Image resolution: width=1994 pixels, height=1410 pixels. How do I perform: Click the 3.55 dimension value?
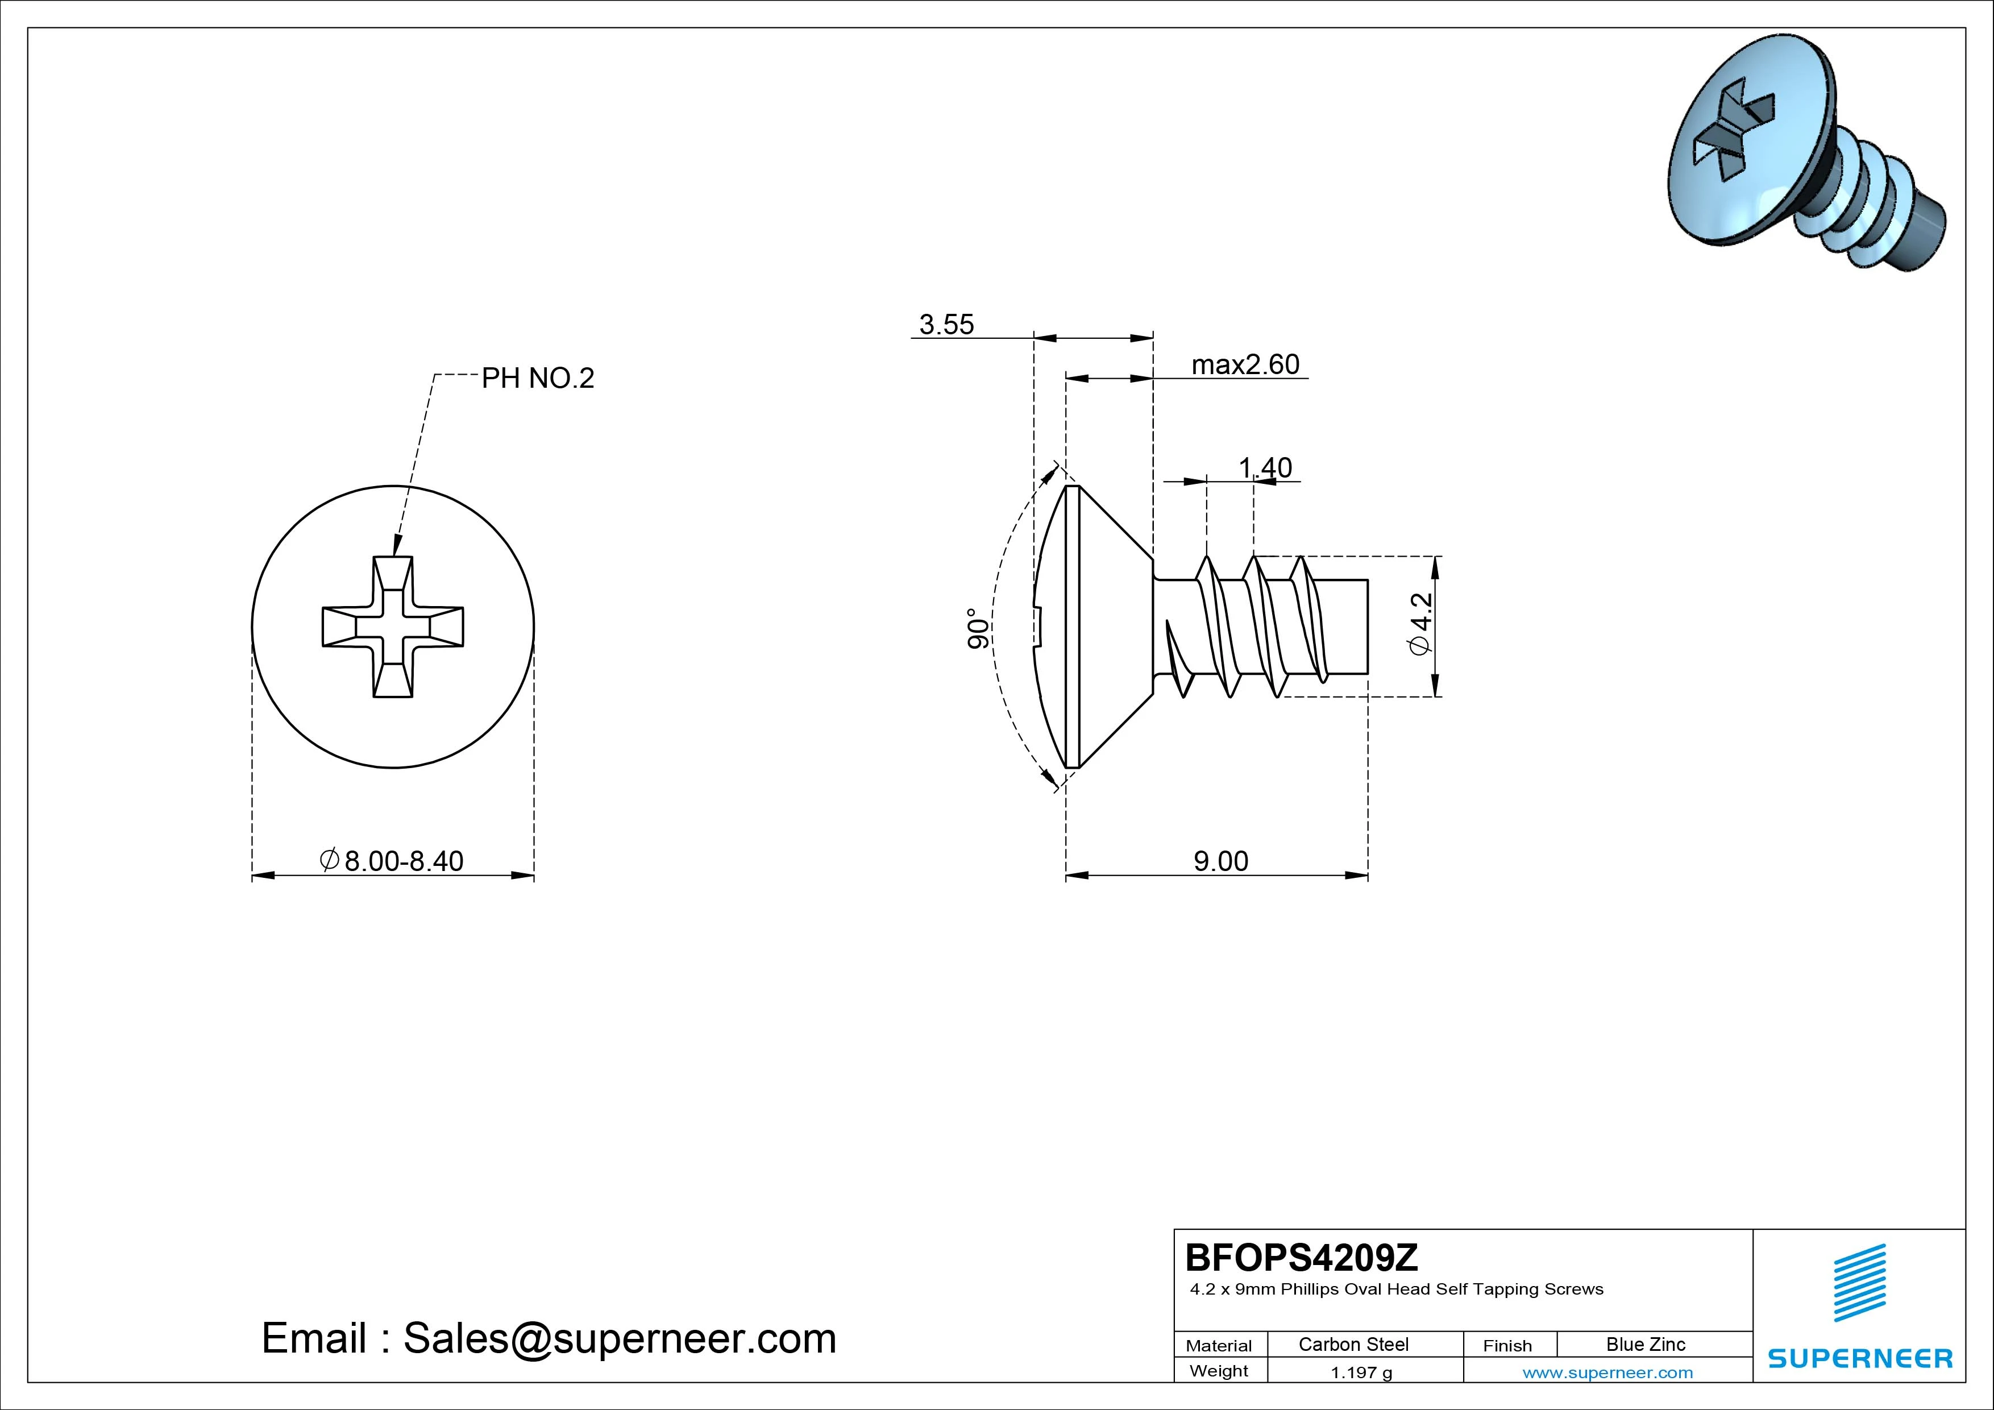point(946,325)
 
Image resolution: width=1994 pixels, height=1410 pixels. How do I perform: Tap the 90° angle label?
point(977,628)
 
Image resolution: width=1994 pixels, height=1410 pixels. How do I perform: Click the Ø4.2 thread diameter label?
point(1421,625)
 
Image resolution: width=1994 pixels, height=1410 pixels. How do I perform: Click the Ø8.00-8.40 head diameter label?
point(393,861)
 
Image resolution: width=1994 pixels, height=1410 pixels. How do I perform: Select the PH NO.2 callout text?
point(538,379)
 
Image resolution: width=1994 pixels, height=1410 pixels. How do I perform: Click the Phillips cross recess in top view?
point(393,627)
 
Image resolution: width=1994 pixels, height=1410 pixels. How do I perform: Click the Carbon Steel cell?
point(1353,1344)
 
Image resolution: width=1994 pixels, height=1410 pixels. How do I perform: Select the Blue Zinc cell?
point(1645,1344)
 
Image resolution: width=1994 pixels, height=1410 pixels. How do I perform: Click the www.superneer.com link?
point(1607,1372)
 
